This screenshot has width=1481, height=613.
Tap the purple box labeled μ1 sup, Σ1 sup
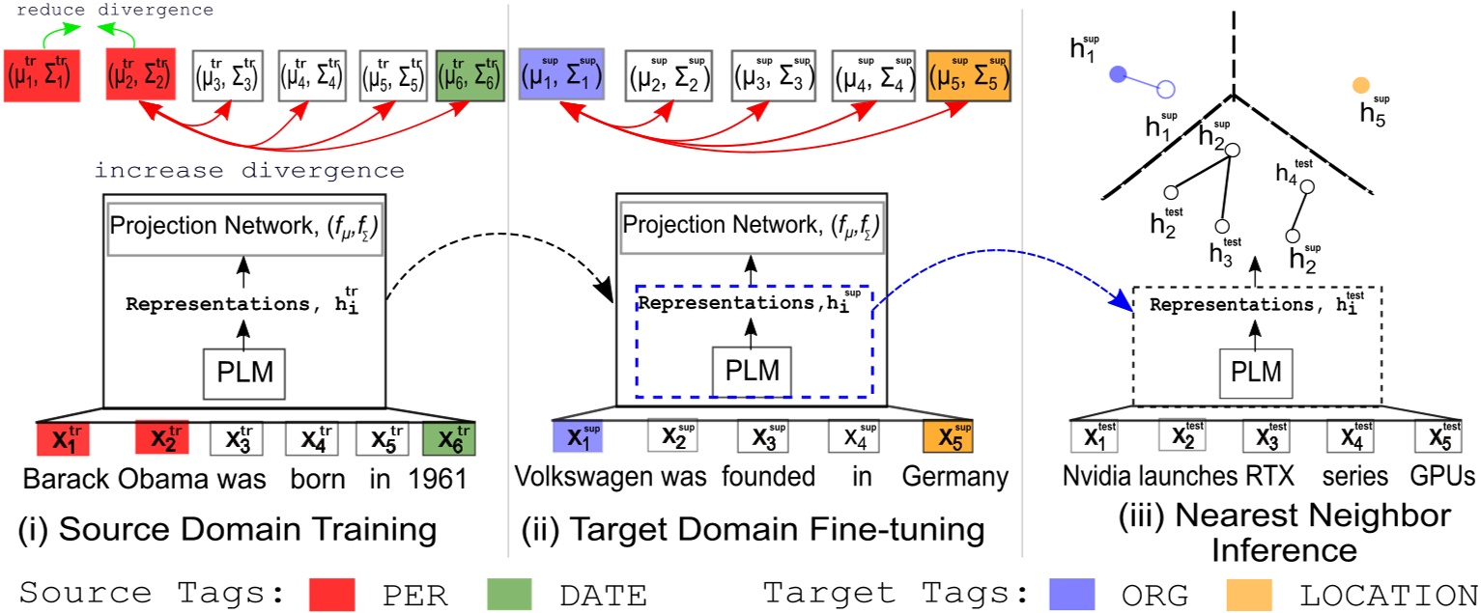(x=561, y=73)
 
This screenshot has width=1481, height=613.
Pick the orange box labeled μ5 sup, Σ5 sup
(x=968, y=73)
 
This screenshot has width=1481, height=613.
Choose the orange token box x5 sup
(x=948, y=437)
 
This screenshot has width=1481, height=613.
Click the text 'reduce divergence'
(x=115, y=10)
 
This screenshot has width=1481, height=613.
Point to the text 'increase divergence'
(x=249, y=171)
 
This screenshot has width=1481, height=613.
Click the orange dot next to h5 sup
(x=1361, y=85)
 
